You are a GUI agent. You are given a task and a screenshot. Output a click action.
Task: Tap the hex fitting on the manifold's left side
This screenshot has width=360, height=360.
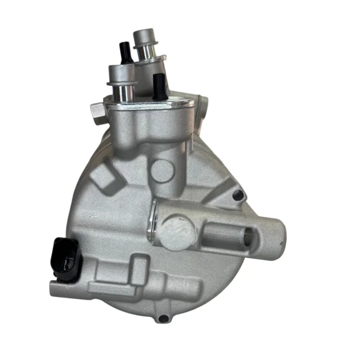(x=96, y=112)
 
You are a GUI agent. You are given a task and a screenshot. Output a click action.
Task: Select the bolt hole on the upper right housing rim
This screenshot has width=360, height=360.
(x=239, y=195)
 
